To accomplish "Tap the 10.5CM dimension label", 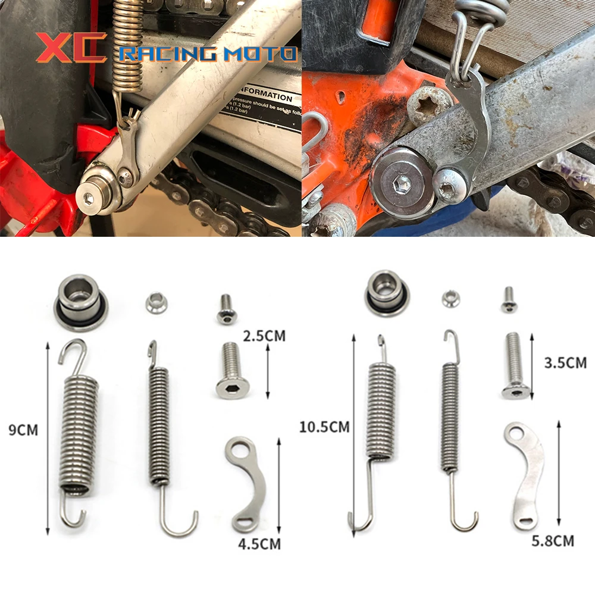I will click(324, 426).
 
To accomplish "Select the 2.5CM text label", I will click(264, 336).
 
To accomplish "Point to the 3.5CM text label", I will click(565, 362).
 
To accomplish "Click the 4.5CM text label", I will click(259, 543).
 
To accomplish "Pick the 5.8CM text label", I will click(553, 540).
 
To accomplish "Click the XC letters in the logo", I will click(71, 48).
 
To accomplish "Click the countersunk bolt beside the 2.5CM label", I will click(233, 369).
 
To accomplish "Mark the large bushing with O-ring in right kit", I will click(386, 292).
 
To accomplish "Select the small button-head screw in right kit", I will click(509, 299).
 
